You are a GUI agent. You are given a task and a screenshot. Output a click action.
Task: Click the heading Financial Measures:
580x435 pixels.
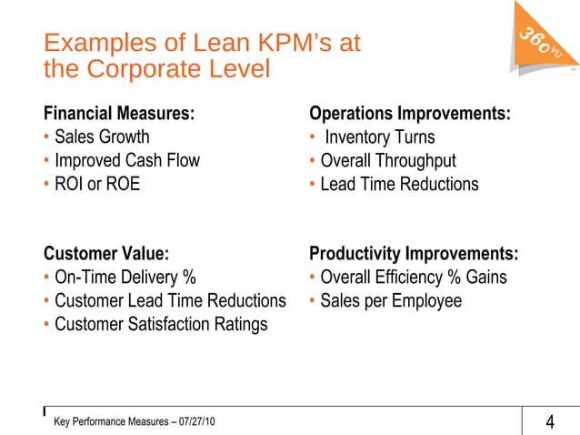[x=119, y=114]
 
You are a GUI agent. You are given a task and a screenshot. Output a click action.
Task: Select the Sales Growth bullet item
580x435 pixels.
[x=102, y=137]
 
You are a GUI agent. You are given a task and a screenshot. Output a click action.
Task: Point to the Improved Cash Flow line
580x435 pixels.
[x=126, y=161]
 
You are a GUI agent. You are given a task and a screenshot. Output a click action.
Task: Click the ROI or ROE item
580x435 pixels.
[x=97, y=185]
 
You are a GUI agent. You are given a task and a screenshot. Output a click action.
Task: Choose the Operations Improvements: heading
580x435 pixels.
[x=409, y=114]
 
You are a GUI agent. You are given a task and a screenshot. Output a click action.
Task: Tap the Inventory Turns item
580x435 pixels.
[x=379, y=137]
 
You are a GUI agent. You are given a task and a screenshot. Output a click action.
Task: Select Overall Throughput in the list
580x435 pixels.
[x=387, y=161]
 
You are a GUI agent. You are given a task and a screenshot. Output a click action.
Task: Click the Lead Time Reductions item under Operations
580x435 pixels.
[x=398, y=185]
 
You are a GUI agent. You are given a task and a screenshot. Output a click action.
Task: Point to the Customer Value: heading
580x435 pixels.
[x=106, y=254]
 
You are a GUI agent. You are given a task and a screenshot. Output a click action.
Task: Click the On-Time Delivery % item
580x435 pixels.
[x=125, y=278]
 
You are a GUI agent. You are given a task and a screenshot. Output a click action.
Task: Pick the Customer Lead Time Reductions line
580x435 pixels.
[x=170, y=301]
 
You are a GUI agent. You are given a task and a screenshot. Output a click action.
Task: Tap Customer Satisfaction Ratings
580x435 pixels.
[x=161, y=325]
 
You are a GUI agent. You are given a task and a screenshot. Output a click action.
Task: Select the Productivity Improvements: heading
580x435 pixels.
[x=414, y=254]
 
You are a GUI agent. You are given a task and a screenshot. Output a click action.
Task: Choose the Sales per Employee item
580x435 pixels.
[x=391, y=301]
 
